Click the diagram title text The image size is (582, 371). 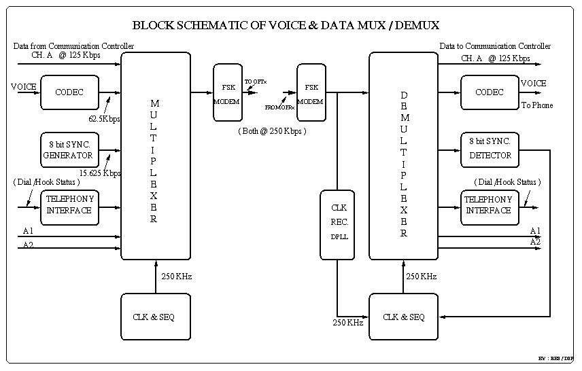286,26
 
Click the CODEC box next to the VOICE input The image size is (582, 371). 69,92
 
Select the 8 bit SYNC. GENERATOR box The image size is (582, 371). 69,149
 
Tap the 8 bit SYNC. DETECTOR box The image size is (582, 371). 490,149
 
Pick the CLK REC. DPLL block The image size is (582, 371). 337,224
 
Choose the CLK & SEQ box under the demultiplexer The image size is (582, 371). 403,317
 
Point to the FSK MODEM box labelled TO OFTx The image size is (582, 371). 227,92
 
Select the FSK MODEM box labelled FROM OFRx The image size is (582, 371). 311,92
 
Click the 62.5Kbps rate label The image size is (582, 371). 104,119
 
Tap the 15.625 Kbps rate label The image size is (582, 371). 100,173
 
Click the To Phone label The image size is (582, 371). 537,105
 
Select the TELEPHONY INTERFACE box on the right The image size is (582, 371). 488,205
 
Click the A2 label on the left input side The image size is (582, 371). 28,245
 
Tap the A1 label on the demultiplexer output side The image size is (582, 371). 535,231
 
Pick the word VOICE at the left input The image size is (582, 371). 24,87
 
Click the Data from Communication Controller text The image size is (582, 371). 73,46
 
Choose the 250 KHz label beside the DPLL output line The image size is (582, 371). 347,322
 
